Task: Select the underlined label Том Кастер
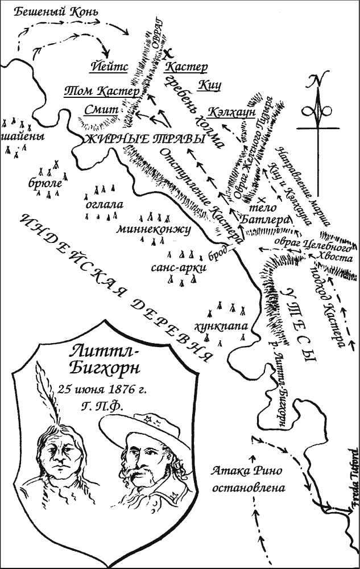point(101,91)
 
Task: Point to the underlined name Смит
point(100,109)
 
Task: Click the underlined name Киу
point(209,85)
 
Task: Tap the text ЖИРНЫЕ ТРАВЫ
point(144,139)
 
